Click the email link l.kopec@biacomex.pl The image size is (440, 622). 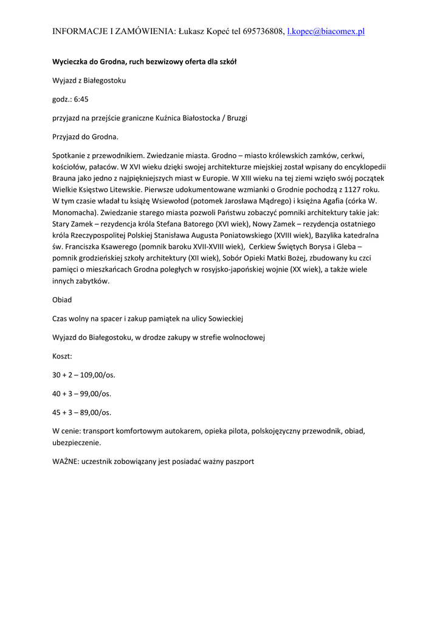(x=326, y=31)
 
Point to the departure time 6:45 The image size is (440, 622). (x=81, y=99)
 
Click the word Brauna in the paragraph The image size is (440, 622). (x=64, y=178)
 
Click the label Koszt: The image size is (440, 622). (x=62, y=356)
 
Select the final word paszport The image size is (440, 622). (x=238, y=462)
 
